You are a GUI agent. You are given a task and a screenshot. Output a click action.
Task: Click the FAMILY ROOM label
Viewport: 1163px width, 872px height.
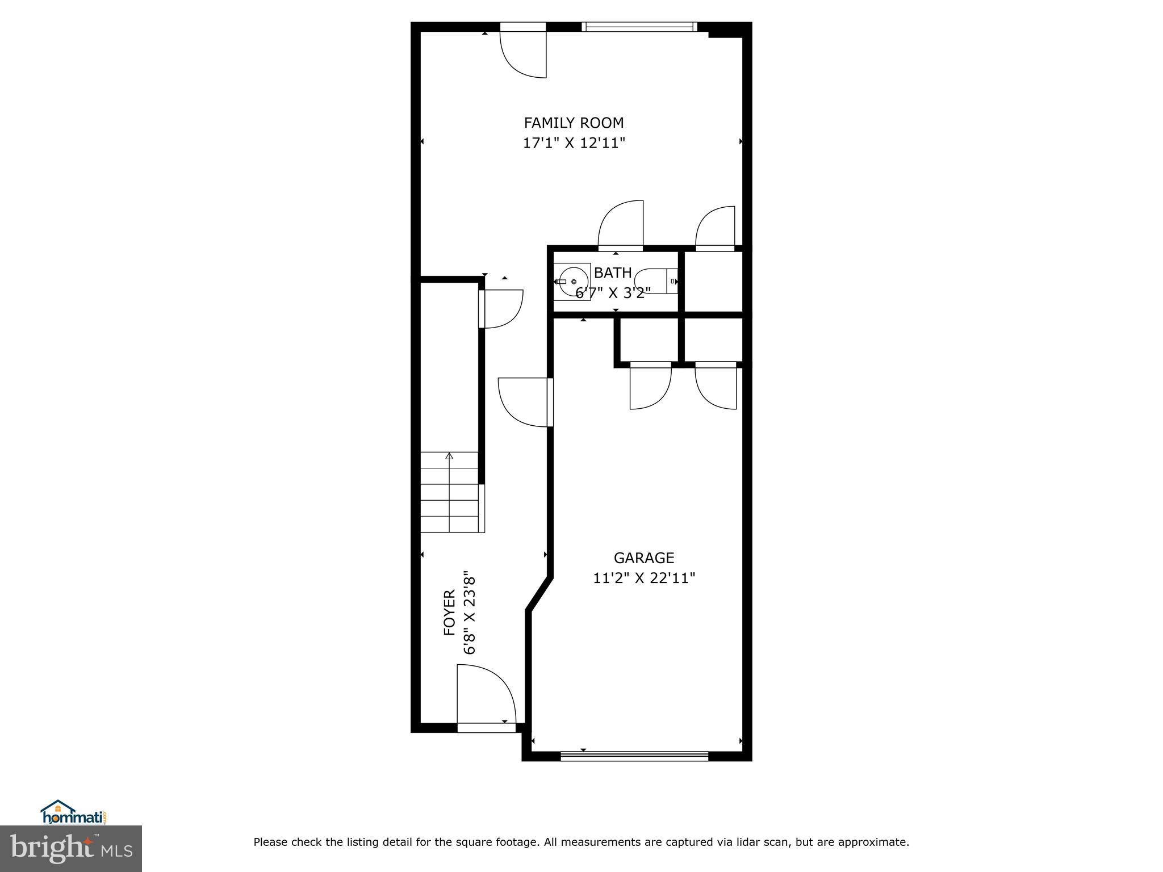point(574,123)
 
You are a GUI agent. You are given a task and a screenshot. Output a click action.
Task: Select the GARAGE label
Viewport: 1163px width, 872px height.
point(643,557)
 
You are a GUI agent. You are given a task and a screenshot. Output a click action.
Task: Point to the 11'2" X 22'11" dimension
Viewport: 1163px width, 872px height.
point(644,578)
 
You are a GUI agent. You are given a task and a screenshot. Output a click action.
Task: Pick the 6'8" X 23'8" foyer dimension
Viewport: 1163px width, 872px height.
point(469,613)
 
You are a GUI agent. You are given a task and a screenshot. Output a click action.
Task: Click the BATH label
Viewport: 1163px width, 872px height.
point(613,273)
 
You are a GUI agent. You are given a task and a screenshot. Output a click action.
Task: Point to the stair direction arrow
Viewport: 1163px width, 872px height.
point(450,456)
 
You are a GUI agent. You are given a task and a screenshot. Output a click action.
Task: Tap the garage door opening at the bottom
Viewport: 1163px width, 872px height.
point(634,756)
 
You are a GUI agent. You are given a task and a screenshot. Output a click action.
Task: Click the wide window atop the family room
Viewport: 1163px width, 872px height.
point(639,27)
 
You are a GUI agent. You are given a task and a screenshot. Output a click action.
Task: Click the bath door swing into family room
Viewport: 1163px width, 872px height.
point(621,224)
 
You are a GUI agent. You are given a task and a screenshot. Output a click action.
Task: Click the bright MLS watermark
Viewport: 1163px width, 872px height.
point(71,849)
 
